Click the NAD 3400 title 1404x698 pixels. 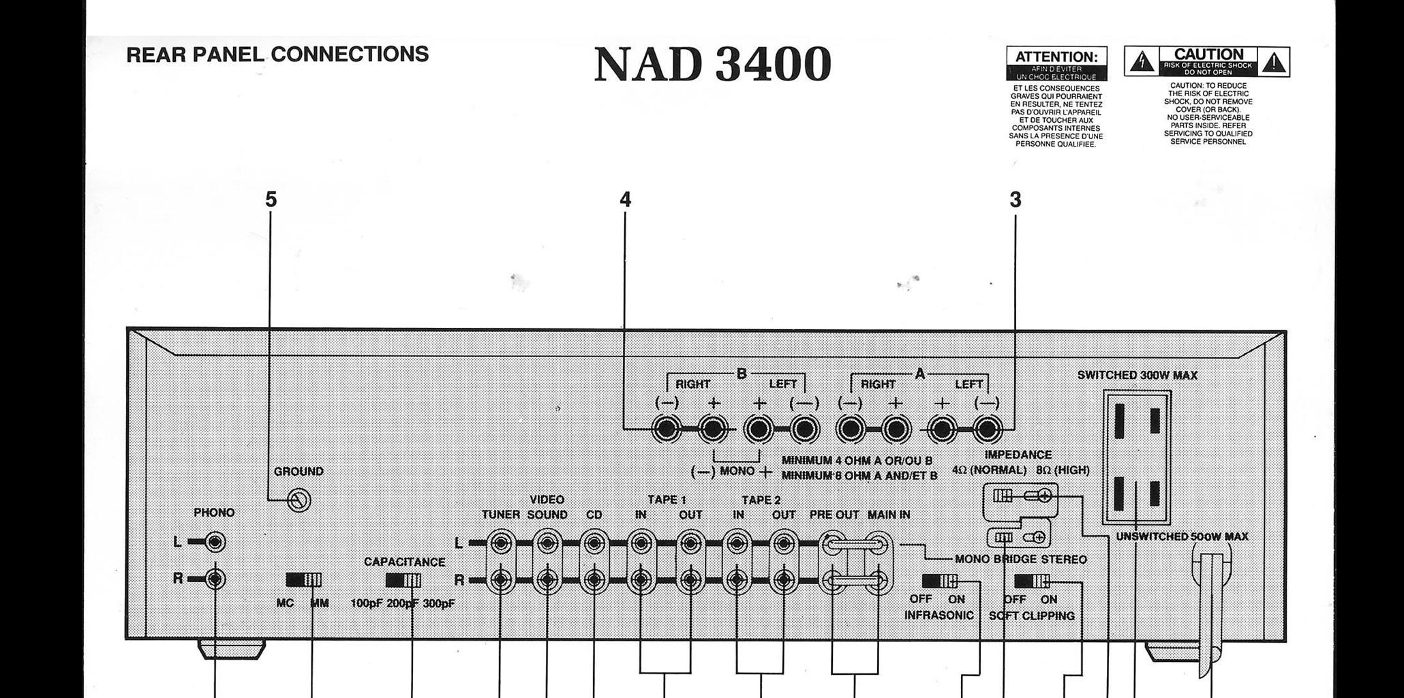coord(712,65)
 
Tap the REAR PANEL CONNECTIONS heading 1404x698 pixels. coord(277,55)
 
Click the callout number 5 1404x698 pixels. coord(271,200)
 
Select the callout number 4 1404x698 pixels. coord(625,200)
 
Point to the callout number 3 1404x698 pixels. coord(1015,200)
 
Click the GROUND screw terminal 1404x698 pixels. coord(299,501)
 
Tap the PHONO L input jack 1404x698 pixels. coord(215,543)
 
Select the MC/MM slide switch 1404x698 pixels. coord(303,580)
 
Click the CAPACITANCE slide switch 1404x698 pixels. coord(403,580)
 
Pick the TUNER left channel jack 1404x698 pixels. coord(501,544)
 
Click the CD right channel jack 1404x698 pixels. coord(594,580)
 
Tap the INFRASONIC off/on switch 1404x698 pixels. coord(939,581)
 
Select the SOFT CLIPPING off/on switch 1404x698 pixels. coord(1032,581)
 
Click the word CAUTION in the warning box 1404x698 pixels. coord(1208,55)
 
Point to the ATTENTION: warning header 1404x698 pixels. coord(1056,57)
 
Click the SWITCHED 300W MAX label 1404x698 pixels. coord(1137,376)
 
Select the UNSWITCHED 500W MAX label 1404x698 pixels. coord(1182,537)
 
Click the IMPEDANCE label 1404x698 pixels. coord(1018,455)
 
